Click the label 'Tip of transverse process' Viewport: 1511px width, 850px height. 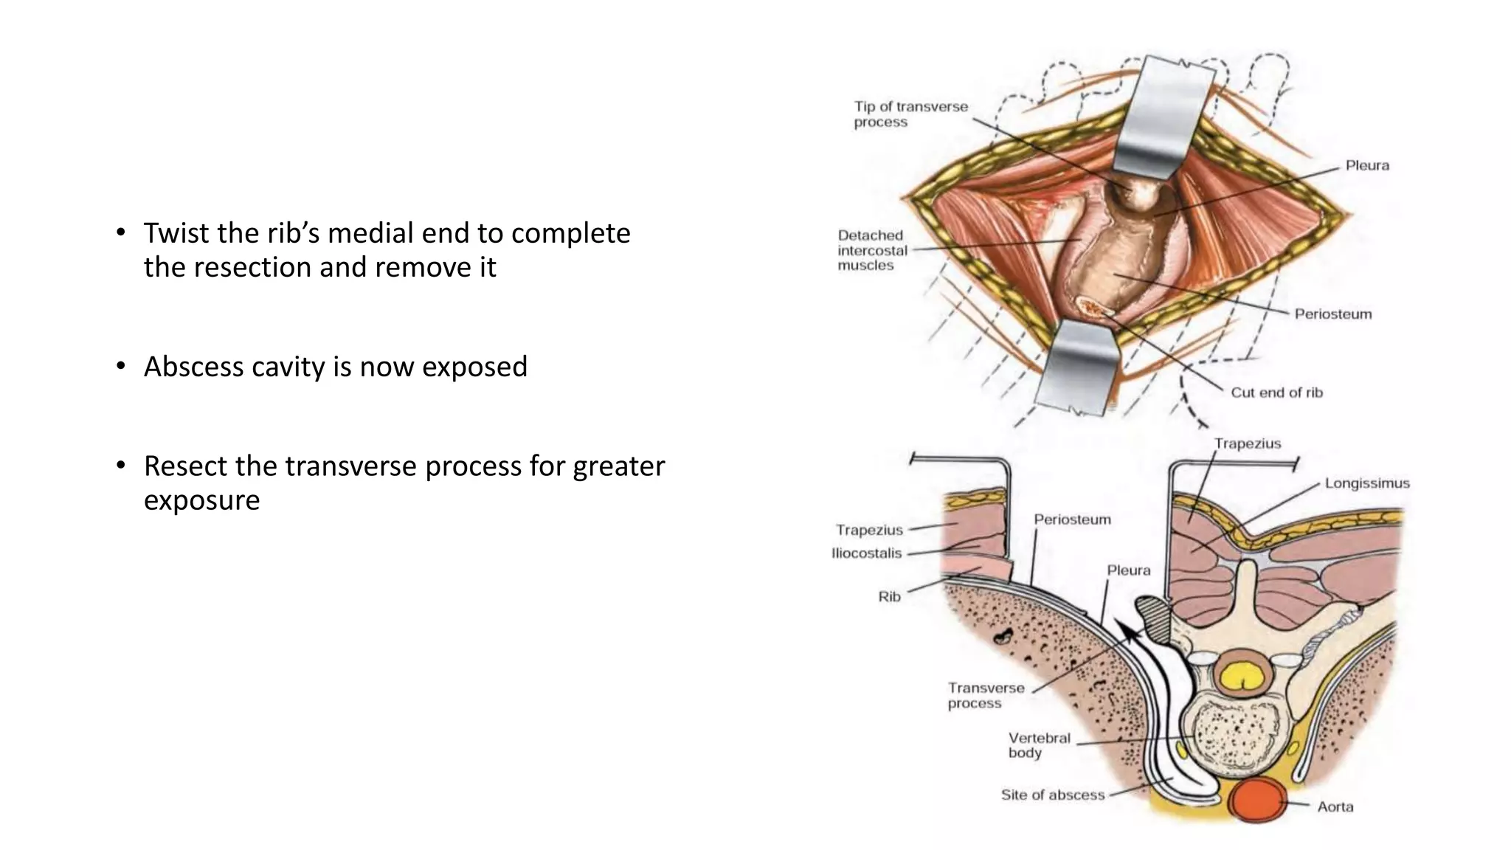click(x=910, y=114)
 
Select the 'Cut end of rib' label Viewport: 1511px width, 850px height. click(x=1276, y=393)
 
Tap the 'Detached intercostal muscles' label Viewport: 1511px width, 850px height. click(x=872, y=250)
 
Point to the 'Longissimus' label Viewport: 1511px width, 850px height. click(x=1366, y=483)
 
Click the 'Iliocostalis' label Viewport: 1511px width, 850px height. click(x=866, y=553)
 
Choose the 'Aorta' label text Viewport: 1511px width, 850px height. click(x=1335, y=806)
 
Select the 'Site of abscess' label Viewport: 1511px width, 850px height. click(x=1052, y=795)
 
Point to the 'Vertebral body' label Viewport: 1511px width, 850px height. click(x=1039, y=745)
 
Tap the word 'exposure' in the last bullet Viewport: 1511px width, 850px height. click(x=201, y=500)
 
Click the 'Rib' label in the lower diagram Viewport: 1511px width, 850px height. click(x=889, y=596)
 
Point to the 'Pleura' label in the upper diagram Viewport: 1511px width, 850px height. click(x=1366, y=165)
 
